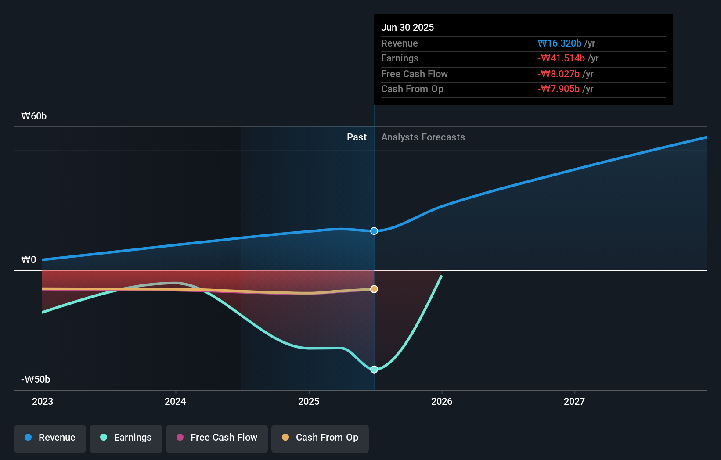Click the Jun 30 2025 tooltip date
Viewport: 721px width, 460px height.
[407, 27]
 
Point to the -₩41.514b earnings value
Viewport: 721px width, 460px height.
[561, 58]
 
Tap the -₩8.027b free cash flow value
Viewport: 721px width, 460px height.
[558, 74]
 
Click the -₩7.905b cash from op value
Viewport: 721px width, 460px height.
[558, 89]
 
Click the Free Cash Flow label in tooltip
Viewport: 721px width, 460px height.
[414, 74]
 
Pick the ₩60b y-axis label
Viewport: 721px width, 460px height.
[34, 116]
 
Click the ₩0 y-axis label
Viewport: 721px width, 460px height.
[29, 260]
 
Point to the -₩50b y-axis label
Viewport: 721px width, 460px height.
[36, 380]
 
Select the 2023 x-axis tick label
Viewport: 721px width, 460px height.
[43, 401]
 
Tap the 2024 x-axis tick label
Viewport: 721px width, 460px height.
[175, 401]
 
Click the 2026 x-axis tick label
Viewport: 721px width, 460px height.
[442, 401]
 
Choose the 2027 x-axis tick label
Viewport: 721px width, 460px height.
[574, 401]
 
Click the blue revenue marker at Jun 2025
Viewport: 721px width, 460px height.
[374, 231]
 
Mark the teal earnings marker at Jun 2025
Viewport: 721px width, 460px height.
[374, 370]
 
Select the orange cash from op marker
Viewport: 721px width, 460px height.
[374, 289]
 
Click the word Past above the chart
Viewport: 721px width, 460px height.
[357, 137]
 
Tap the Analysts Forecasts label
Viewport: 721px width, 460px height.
[423, 137]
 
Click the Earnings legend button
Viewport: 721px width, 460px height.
[126, 438]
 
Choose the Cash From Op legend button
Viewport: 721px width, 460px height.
[320, 438]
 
